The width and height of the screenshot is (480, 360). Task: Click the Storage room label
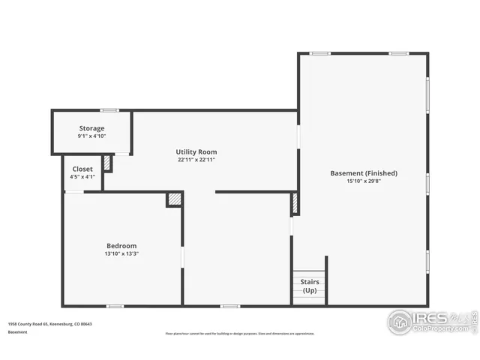tap(91, 128)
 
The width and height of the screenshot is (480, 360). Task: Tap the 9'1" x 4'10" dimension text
tap(91, 136)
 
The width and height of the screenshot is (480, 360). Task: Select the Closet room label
tap(82, 169)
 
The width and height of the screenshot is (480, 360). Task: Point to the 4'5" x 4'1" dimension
tap(82, 177)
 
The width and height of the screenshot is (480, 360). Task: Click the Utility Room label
tap(196, 151)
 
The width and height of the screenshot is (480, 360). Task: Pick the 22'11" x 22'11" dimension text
tap(196, 160)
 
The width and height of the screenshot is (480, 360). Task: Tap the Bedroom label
tap(121, 246)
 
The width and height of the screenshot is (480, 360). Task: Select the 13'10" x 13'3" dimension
tap(121, 254)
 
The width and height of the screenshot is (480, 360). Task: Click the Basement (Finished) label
tap(364, 173)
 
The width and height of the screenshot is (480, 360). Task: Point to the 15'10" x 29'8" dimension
tap(364, 181)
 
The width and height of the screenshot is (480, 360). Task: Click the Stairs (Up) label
tap(309, 286)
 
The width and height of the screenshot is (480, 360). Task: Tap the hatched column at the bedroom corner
tap(174, 199)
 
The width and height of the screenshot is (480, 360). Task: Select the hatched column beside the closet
tap(107, 163)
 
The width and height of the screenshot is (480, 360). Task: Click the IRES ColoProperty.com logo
tap(431, 322)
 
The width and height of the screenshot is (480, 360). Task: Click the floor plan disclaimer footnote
tap(239, 334)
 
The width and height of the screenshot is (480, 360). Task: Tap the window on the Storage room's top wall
tap(109, 111)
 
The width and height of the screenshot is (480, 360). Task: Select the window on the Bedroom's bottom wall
tap(115, 306)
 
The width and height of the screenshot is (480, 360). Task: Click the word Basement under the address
tap(18, 331)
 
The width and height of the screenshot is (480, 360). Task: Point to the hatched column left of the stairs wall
tap(295, 204)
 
